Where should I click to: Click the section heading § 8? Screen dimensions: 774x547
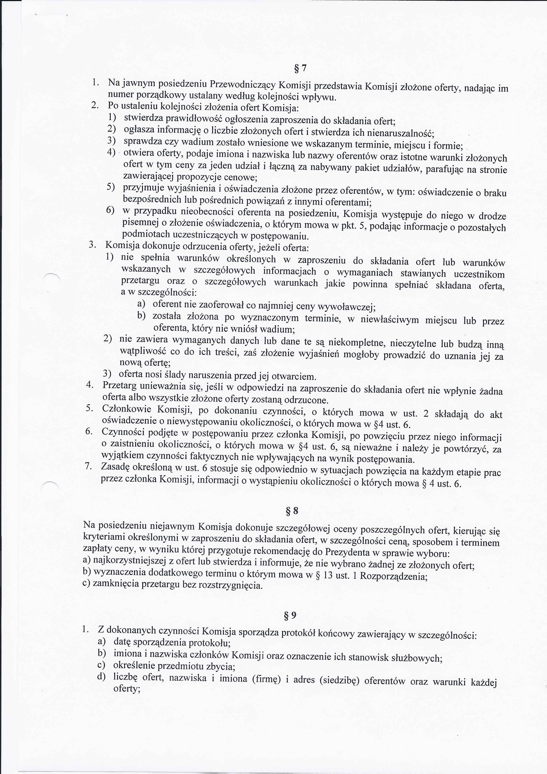[x=292, y=511]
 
